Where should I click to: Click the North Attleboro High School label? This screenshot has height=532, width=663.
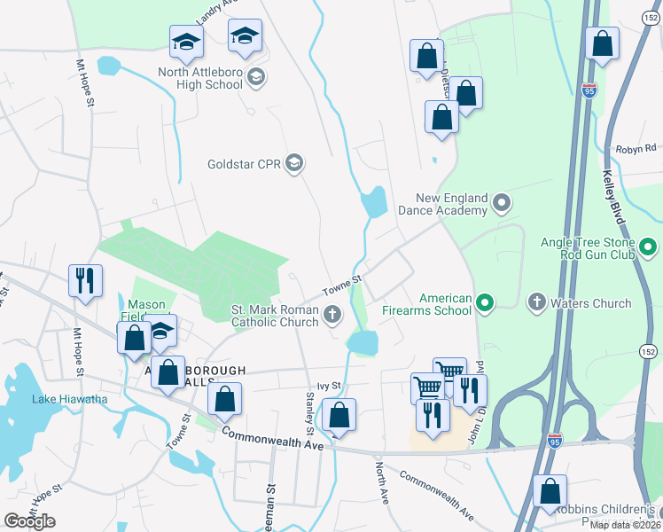click(x=200, y=78)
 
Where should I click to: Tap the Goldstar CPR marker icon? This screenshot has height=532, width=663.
click(x=295, y=164)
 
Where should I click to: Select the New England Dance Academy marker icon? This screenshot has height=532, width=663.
click(x=502, y=204)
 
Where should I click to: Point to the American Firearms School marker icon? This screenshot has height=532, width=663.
click(x=484, y=304)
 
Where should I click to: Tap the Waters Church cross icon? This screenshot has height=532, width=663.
click(x=535, y=303)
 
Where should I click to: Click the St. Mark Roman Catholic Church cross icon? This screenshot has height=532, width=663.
click(x=332, y=313)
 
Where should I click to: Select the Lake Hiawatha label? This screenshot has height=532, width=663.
click(x=69, y=398)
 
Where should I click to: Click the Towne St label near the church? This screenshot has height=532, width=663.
click(x=342, y=285)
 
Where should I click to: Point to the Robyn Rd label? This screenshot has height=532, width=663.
click(x=638, y=148)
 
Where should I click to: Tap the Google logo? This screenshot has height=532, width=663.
click(x=29, y=521)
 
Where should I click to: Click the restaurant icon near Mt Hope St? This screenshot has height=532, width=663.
click(x=85, y=281)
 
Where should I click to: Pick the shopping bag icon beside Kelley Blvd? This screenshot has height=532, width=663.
click(x=603, y=45)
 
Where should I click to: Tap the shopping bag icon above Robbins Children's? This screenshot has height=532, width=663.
click(x=550, y=491)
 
